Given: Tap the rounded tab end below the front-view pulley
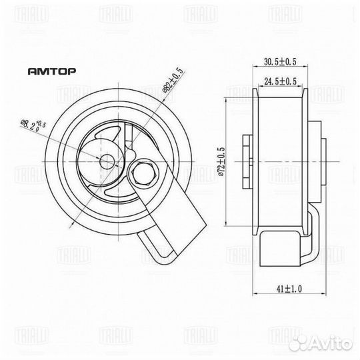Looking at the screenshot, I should (154, 247).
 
